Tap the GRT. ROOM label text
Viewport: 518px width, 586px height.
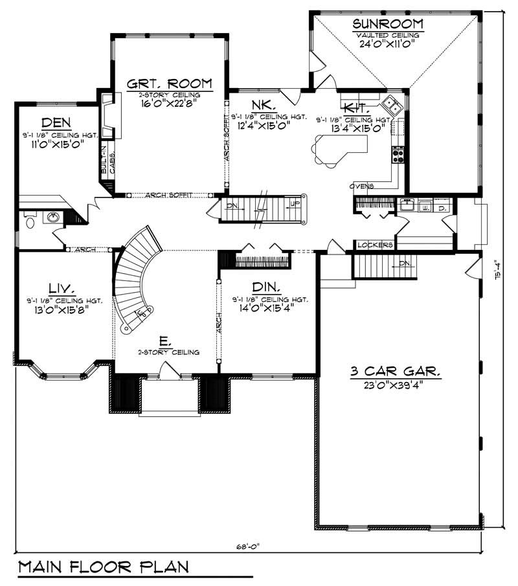170,83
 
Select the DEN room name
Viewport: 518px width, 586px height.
56,122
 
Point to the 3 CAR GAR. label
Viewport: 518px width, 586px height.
396,372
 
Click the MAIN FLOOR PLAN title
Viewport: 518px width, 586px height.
104,567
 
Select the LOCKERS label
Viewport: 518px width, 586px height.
375,245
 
